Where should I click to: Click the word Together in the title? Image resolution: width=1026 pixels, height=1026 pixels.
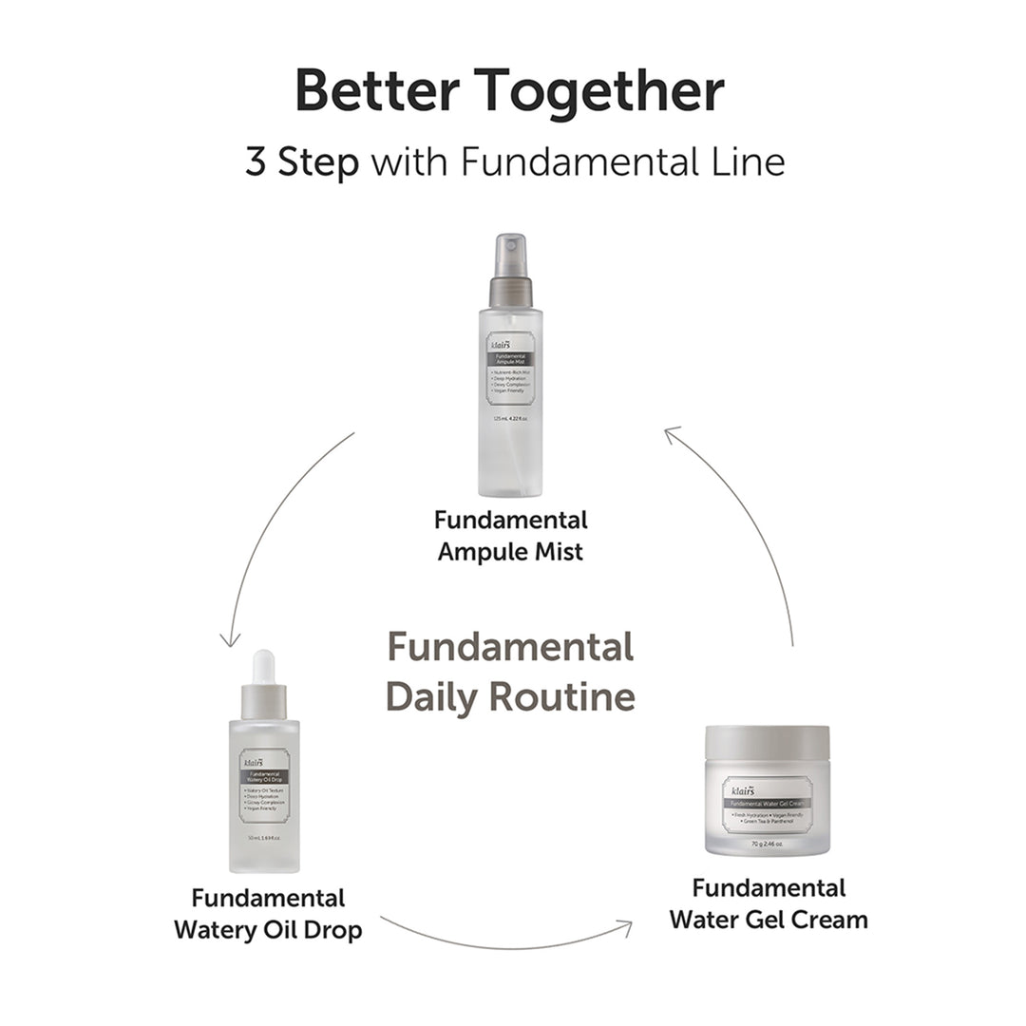point(600,93)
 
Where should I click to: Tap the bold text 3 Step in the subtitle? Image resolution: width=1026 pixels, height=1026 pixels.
point(302,161)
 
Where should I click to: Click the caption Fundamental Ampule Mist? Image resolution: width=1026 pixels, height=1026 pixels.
point(510,535)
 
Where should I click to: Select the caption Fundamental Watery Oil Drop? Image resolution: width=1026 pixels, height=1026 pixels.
point(268,913)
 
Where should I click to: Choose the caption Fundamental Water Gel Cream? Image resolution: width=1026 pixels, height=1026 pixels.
point(768,903)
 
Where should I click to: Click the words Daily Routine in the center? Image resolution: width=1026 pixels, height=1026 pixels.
point(510,696)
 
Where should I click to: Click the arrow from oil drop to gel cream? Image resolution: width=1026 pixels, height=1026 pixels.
point(503,940)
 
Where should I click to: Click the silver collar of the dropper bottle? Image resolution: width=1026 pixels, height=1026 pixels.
point(263,701)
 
